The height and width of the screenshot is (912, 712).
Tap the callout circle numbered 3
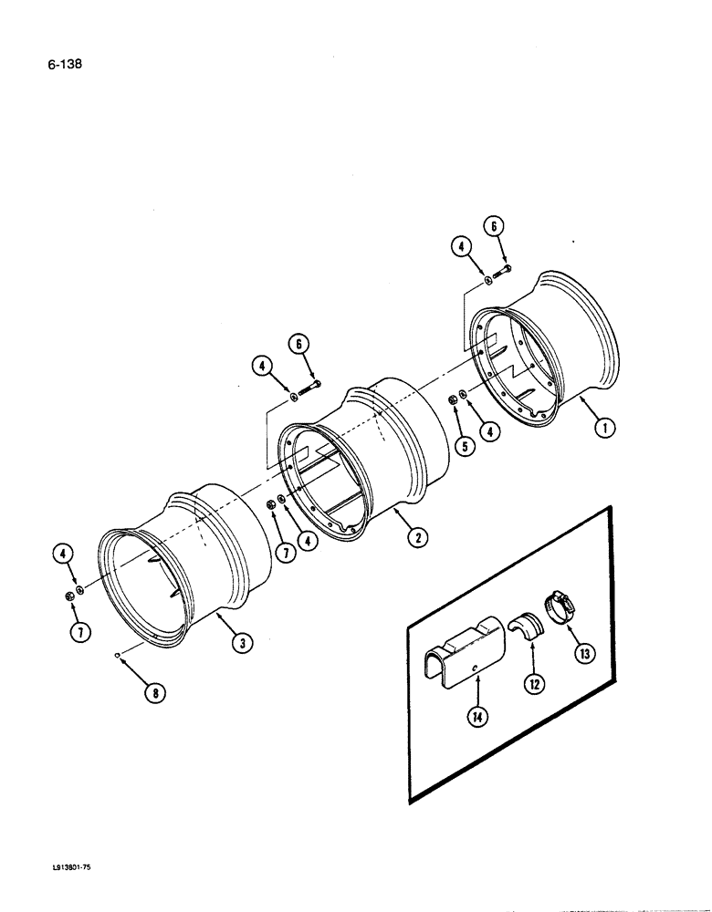(x=241, y=644)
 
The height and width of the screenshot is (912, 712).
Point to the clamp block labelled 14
(x=466, y=652)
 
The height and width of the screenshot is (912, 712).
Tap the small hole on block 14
(x=476, y=670)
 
